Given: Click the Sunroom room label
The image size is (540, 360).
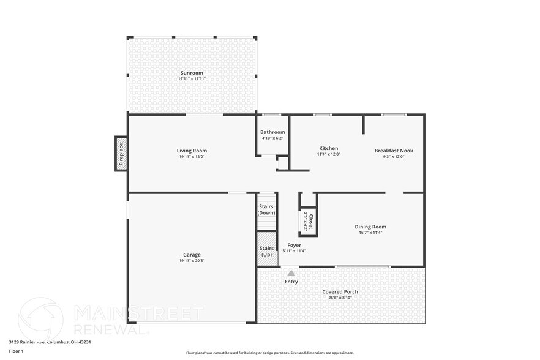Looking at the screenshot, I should (x=192, y=73).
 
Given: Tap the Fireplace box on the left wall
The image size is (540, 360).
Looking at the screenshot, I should (x=121, y=154).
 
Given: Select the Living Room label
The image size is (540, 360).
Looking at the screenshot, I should (x=192, y=151).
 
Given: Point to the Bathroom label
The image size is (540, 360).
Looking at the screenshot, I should (x=272, y=132).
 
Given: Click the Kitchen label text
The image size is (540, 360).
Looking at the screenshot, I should (x=328, y=148).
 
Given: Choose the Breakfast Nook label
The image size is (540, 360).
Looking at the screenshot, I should (x=394, y=151).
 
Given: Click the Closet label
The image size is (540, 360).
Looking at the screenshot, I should (x=311, y=220).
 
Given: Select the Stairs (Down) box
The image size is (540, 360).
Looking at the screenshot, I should (x=266, y=209).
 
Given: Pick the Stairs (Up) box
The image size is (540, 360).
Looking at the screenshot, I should (x=266, y=251).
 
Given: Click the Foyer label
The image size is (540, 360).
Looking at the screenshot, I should (x=294, y=245).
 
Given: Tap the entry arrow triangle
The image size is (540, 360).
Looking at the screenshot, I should (x=291, y=273).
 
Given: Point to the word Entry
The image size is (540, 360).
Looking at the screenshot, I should (x=291, y=282).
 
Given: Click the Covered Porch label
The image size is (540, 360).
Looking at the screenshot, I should (x=340, y=291).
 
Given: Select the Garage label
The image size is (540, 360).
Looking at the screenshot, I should (x=192, y=255).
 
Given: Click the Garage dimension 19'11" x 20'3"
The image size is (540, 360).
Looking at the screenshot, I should (x=192, y=261).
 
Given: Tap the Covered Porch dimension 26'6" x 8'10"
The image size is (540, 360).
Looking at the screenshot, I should (x=340, y=298).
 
